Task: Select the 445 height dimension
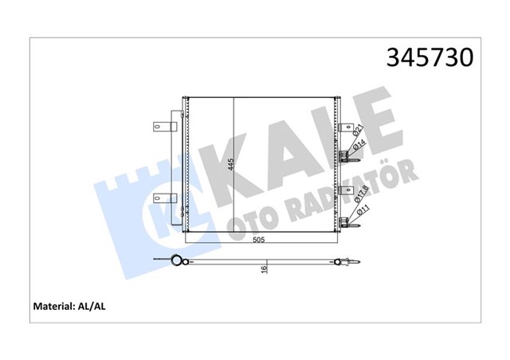(x=229, y=166)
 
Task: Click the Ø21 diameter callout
(x=359, y=130)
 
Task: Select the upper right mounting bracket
(x=347, y=127)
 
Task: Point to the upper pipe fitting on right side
(x=346, y=156)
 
